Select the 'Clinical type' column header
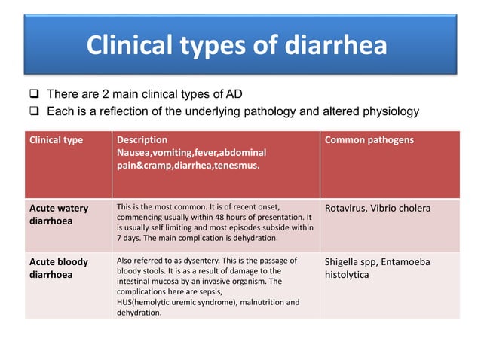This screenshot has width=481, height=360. [x=57, y=140]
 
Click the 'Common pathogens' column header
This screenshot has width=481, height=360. [x=369, y=140]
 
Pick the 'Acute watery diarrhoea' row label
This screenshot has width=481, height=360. [x=59, y=215]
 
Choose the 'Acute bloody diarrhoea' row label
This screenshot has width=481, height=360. [x=59, y=268]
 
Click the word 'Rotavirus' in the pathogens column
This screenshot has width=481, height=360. [x=348, y=209]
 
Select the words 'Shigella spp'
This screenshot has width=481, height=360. [x=351, y=262]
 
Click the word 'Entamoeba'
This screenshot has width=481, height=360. [x=407, y=262]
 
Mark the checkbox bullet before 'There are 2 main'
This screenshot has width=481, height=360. [x=35, y=95]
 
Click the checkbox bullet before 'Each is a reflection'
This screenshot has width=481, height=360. [x=35, y=112]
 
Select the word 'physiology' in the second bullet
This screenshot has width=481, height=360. [x=392, y=112]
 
